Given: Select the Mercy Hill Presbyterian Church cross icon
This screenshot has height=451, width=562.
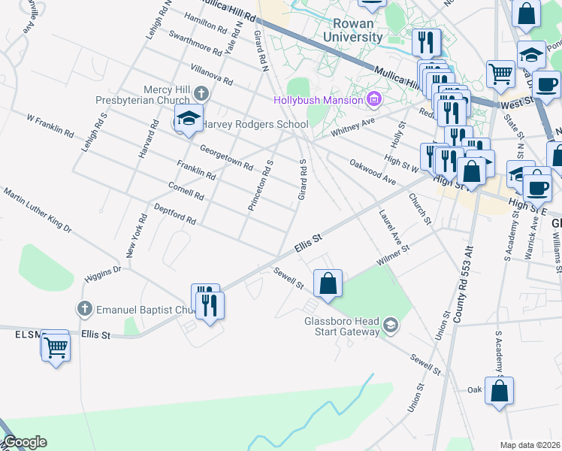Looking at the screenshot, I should [200, 93].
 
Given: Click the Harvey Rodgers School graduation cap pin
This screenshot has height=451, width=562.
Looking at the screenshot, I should [188, 118].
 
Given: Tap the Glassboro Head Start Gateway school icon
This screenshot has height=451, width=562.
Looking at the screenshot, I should [390, 325].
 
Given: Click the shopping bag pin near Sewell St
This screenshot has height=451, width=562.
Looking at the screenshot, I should [328, 284].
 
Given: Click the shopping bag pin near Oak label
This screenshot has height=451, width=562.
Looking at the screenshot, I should [499, 392].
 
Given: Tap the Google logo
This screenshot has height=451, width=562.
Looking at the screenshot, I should [25, 442].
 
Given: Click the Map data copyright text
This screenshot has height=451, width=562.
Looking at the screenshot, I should [530, 445].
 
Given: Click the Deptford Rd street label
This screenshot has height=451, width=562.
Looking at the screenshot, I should [174, 214].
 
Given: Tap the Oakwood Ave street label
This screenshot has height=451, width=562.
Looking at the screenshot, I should [372, 170].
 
